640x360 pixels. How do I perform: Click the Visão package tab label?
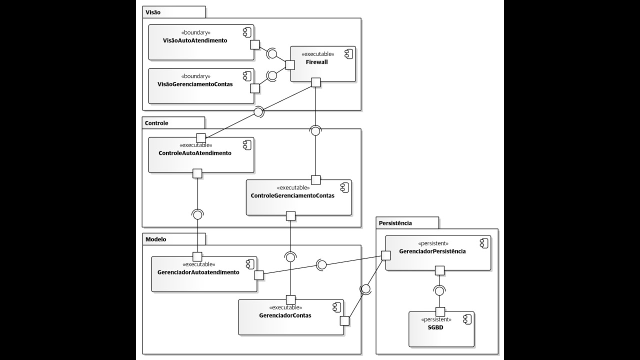[x=153, y=11]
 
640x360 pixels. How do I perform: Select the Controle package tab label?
[x=156, y=123]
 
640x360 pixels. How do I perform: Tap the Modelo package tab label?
[x=155, y=239]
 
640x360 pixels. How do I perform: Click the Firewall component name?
[x=317, y=62]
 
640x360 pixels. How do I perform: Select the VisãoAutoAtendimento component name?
[x=195, y=40]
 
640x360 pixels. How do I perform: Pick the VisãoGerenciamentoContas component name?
[x=195, y=84]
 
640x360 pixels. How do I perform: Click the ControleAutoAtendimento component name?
[x=195, y=153]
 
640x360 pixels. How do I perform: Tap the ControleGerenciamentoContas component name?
[x=292, y=195]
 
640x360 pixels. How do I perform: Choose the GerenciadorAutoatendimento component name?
[x=198, y=272]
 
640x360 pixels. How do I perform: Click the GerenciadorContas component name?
[x=285, y=315]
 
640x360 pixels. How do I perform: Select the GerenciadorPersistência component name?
[x=432, y=251]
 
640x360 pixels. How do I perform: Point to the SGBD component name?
[x=436, y=327]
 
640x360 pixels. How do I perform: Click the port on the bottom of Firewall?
[x=315, y=82]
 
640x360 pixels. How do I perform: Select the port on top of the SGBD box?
[x=440, y=312]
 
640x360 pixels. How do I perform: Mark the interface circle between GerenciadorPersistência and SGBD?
[x=440, y=290]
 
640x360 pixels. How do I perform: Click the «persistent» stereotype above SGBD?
[x=436, y=319]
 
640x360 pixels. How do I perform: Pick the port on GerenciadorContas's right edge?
[x=344, y=320]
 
